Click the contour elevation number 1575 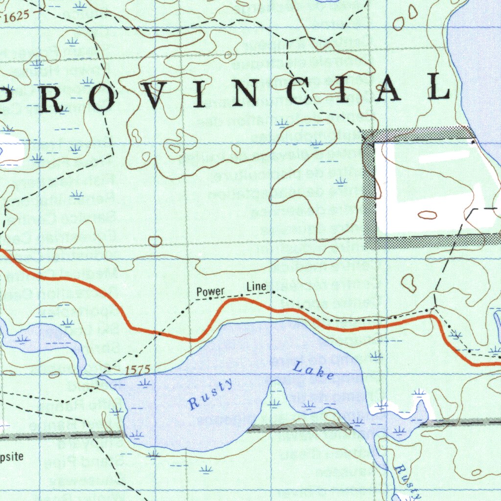tap(137, 370)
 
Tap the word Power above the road tap(210, 292)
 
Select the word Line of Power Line tap(256, 287)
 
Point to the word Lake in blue tap(314, 370)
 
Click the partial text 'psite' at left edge tap(12, 457)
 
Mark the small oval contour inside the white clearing tap(428, 214)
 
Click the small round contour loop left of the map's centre tap(155, 241)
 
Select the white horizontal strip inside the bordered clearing tap(443, 157)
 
